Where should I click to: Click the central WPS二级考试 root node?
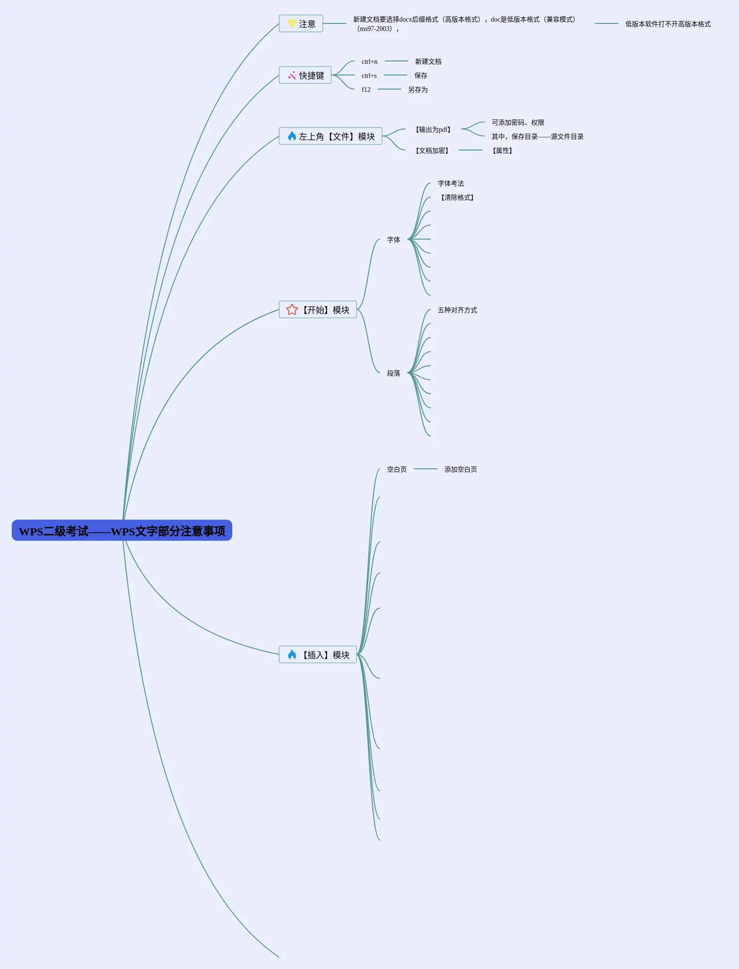(x=122, y=531)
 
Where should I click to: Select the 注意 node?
(x=301, y=24)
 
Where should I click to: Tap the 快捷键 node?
(x=305, y=75)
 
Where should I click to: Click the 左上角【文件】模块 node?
(x=331, y=136)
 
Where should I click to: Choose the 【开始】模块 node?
(x=318, y=310)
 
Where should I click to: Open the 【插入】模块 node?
(x=318, y=655)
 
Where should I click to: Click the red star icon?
(x=292, y=310)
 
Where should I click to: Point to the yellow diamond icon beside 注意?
(x=292, y=23)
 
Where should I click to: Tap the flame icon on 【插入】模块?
(x=292, y=654)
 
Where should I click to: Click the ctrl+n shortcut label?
(x=369, y=61)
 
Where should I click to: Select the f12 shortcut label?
(x=366, y=90)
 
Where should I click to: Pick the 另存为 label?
(x=418, y=90)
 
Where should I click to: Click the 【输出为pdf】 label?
(x=433, y=129)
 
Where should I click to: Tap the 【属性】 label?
(x=502, y=150)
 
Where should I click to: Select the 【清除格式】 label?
(x=457, y=197)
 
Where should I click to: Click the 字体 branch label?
(x=394, y=240)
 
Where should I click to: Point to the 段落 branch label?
(x=394, y=373)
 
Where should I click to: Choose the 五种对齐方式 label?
(x=457, y=310)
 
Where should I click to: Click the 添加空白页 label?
(x=461, y=469)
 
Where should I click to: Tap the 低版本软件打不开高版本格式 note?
(x=668, y=24)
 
